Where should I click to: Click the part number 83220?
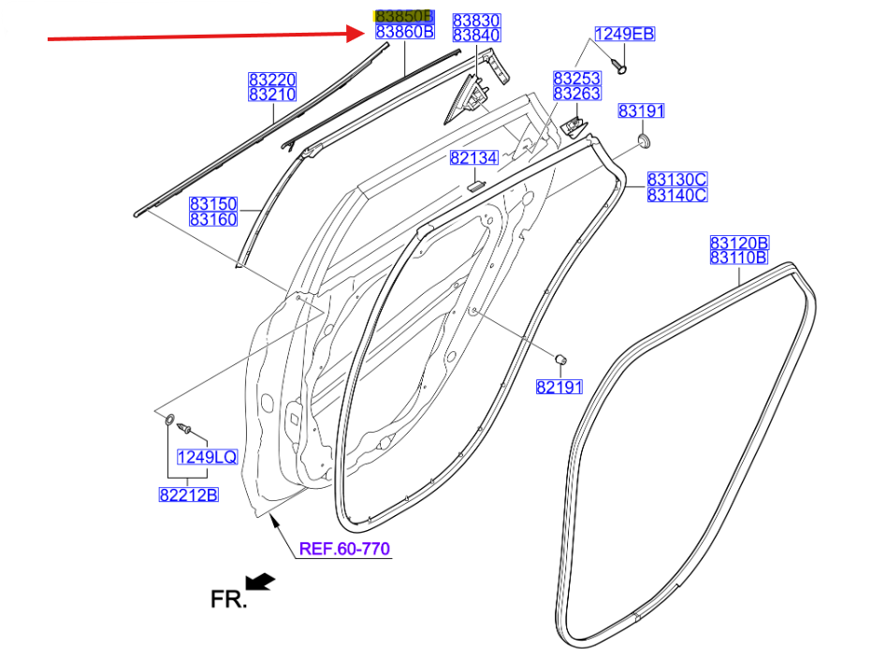click(x=271, y=81)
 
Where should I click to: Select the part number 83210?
click(x=271, y=95)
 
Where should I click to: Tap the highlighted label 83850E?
click(x=404, y=17)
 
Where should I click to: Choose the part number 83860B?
click(x=404, y=32)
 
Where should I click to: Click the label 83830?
click(x=477, y=21)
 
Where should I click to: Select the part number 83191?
click(x=641, y=111)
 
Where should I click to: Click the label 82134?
click(x=473, y=158)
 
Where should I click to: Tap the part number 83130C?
click(x=677, y=180)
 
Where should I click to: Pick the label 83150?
click(x=213, y=203)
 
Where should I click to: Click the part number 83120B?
click(x=738, y=243)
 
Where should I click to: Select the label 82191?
click(x=560, y=386)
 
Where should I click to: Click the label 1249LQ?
click(x=208, y=457)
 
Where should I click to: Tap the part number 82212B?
click(x=187, y=494)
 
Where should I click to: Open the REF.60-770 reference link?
click(x=343, y=549)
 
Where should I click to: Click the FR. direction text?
click(x=228, y=598)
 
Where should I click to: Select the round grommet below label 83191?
click(x=643, y=142)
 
